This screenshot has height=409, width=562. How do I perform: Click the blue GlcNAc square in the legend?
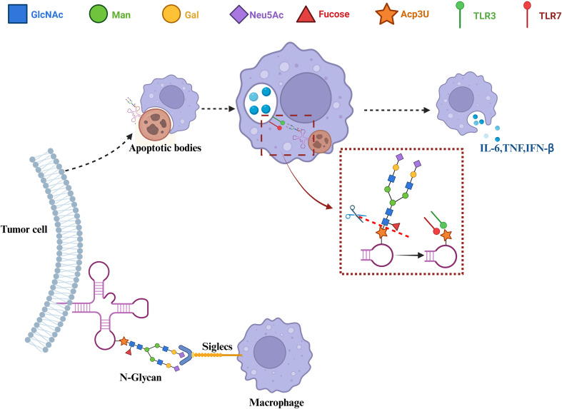click(17, 14)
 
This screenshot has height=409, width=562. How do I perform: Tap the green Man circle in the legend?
click(98, 14)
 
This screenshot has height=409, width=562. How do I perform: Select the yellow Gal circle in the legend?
click(171, 14)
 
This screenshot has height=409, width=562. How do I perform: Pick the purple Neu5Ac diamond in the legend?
click(239, 15)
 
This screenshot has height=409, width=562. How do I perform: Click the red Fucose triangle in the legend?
click(306, 15)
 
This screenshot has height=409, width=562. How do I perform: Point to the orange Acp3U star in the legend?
click(386, 14)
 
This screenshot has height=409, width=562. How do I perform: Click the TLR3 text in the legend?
click(484, 16)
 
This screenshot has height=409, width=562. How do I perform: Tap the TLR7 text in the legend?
click(550, 16)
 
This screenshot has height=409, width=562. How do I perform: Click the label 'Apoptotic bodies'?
click(165, 148)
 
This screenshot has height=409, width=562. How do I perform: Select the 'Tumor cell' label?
click(24, 229)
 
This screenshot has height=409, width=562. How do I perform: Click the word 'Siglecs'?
click(217, 346)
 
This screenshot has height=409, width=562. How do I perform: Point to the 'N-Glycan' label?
click(141, 377)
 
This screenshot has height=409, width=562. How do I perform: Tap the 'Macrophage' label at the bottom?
click(276, 403)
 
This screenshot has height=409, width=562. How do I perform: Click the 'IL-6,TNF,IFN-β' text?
click(517, 148)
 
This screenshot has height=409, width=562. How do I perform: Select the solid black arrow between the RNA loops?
click(409, 256)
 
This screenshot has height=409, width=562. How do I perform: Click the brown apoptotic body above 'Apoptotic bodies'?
click(155, 124)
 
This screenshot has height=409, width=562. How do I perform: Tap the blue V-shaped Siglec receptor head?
click(186, 355)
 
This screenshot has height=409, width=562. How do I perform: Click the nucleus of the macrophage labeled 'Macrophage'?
click(270, 353)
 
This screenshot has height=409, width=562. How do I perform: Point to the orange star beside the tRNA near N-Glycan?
click(124, 341)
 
